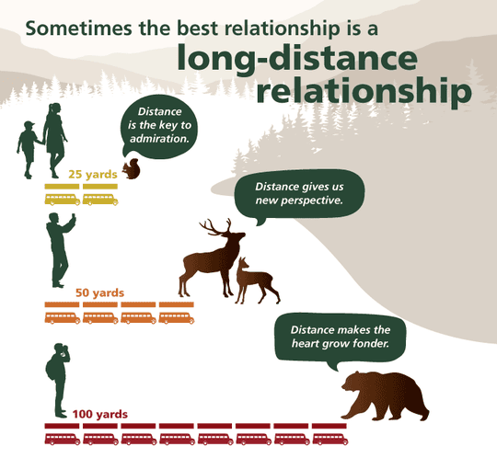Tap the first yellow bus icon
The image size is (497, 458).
pyautogui.click(x=62, y=198)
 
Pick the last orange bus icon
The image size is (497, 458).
pyautogui.click(x=176, y=318)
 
